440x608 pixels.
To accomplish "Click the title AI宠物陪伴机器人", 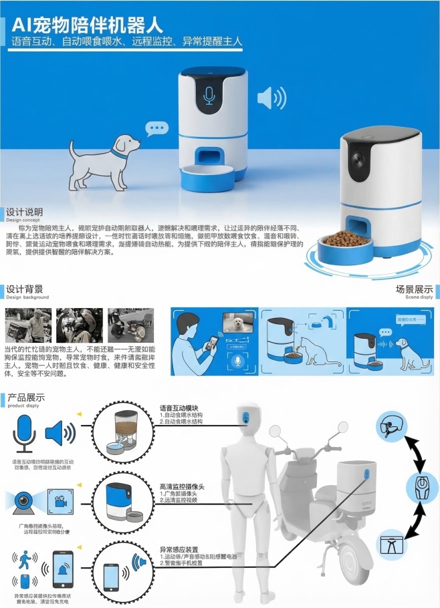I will pyautogui.click(x=88, y=25).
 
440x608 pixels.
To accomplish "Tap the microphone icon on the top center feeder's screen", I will pyautogui.click(x=210, y=95).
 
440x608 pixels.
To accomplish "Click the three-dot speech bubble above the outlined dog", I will pyautogui.click(x=158, y=128).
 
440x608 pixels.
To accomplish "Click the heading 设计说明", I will pyautogui.click(x=25, y=212).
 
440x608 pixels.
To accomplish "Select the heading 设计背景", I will pyautogui.click(x=25, y=289).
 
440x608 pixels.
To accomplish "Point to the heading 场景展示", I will pyautogui.click(x=415, y=290).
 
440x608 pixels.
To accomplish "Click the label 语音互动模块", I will pyautogui.click(x=180, y=408).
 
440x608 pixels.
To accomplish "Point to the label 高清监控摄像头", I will pyautogui.click(x=182, y=486).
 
